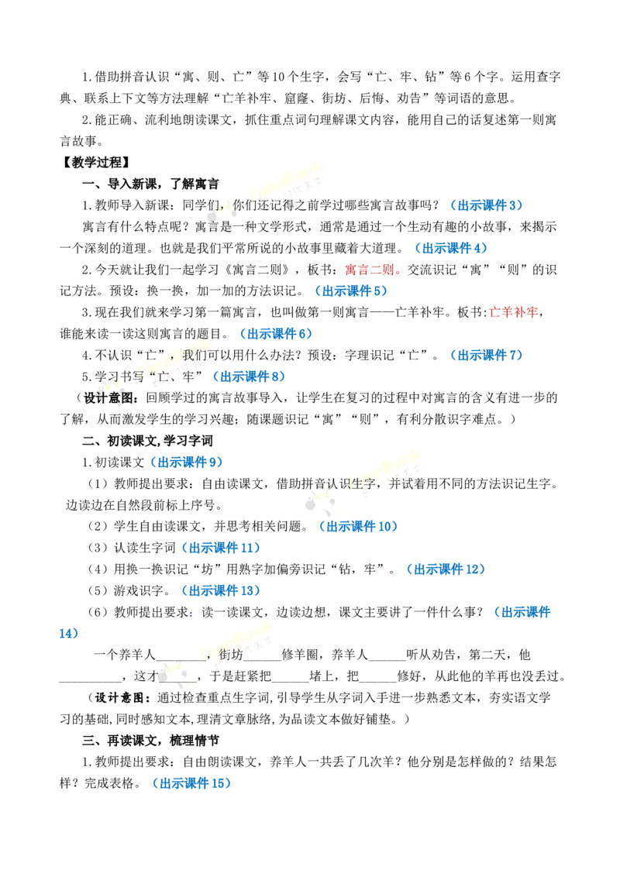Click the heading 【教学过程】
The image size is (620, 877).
(x=95, y=162)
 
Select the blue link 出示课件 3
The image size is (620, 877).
(x=486, y=205)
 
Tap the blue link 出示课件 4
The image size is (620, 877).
(x=451, y=248)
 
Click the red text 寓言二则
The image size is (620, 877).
(x=370, y=270)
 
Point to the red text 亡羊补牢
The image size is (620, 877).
(x=513, y=312)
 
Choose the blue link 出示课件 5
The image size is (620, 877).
(x=351, y=291)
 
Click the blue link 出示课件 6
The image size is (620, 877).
(x=276, y=334)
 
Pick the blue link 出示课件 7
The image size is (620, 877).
(x=486, y=355)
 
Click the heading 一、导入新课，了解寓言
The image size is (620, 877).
(x=150, y=184)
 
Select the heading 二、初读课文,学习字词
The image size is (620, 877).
(x=148, y=441)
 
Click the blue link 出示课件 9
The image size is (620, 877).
(x=187, y=462)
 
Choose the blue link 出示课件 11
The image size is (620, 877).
(x=221, y=548)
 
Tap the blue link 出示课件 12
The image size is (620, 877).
(x=446, y=569)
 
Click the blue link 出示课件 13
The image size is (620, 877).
(x=221, y=590)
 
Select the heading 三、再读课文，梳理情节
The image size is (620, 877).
(x=150, y=741)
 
